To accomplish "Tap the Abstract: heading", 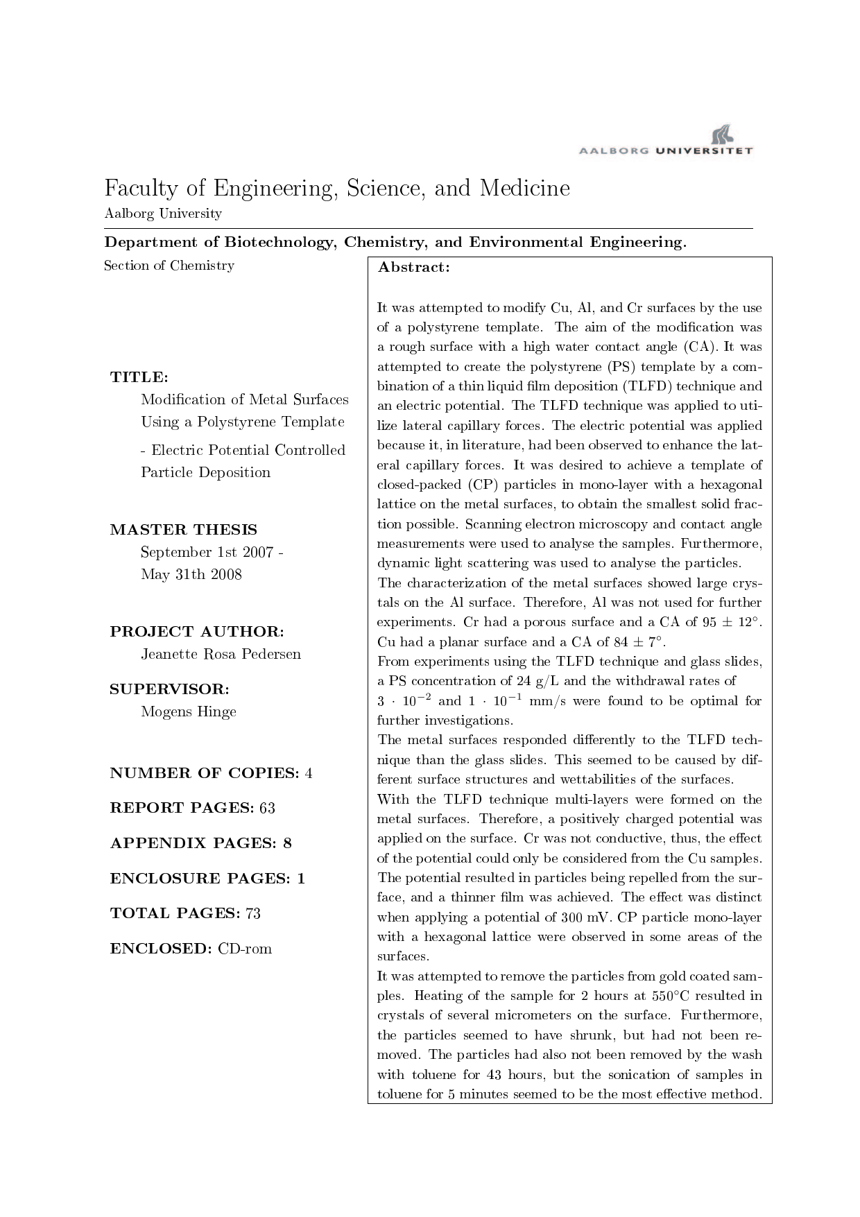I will (x=413, y=268).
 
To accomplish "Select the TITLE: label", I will (x=139, y=377).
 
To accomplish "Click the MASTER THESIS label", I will (x=183, y=530).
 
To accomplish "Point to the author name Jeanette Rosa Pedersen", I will (x=221, y=654).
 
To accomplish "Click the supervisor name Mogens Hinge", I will (x=188, y=711).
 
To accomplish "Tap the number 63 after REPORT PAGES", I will (x=267, y=808).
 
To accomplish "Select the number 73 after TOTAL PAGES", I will (x=252, y=913).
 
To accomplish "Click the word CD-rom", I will (x=244, y=949).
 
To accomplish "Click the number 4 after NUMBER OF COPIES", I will (x=309, y=773).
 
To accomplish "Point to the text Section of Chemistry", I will (x=169, y=266).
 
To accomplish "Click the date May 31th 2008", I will (x=191, y=574).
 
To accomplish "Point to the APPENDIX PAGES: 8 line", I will (x=200, y=843).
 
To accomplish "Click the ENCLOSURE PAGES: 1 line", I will (x=207, y=879).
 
